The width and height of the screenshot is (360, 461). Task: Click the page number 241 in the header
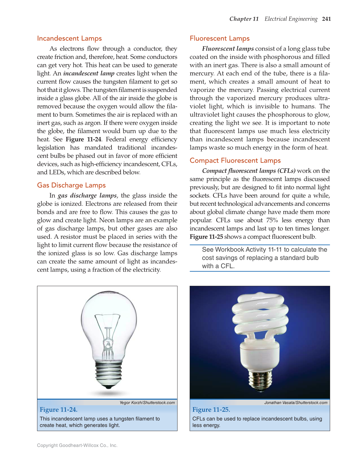(326, 19)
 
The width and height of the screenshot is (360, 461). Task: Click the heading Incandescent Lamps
(69, 38)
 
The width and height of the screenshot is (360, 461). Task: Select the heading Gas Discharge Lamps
(71, 185)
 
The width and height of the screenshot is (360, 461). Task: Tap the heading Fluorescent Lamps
(220, 38)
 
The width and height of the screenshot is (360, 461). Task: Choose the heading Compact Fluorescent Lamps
(235, 161)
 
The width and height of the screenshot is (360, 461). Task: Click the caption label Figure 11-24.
(59, 410)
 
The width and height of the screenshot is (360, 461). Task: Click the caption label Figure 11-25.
(211, 410)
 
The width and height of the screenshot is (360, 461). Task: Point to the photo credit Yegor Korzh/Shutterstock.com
(147, 403)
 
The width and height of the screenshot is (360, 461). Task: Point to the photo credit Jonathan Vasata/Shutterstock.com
(296, 403)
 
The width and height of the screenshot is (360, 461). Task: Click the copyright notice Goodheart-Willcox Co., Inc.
(77, 445)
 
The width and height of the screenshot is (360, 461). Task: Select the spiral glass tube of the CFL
(260, 315)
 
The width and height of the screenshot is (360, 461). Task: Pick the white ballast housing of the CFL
(259, 355)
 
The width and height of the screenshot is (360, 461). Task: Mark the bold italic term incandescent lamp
(89, 74)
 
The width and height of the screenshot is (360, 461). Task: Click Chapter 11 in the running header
(244, 19)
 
